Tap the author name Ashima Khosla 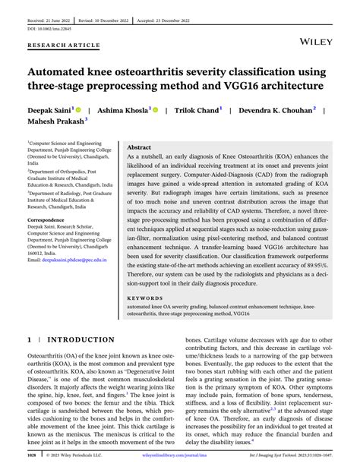(x=121, y=109)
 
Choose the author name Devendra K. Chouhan (x=277, y=109)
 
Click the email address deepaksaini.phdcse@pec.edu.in (x=67, y=260)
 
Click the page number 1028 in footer (x=32, y=456)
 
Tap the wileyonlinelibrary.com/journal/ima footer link (x=176, y=456)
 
